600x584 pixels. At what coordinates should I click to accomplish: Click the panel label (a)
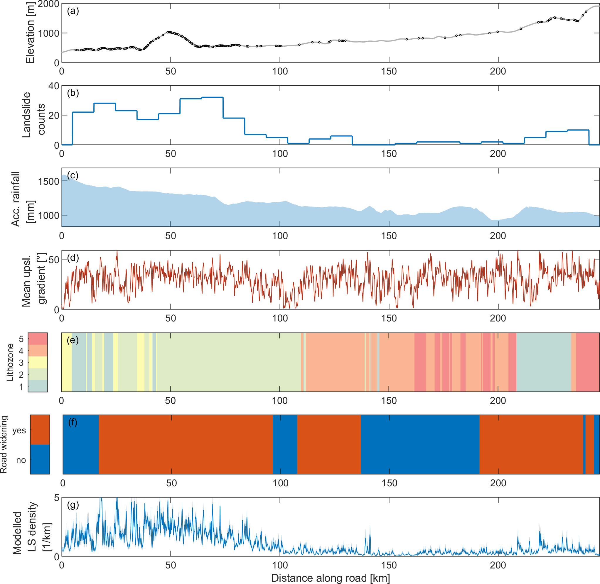pyautogui.click(x=73, y=11)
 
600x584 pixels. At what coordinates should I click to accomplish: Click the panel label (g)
pyautogui.click(x=73, y=505)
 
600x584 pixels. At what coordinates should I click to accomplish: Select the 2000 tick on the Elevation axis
pyautogui.click(x=48, y=4)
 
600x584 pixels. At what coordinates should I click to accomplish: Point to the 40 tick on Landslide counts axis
pyautogui.click(x=54, y=86)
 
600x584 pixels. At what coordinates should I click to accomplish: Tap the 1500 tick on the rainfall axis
pyautogui.click(x=48, y=181)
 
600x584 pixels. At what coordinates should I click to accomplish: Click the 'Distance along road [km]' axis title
pyautogui.click(x=330, y=578)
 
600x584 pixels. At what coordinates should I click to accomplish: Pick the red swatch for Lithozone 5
pyautogui.click(x=38, y=338)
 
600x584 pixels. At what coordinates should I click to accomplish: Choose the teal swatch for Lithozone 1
pyautogui.click(x=38, y=386)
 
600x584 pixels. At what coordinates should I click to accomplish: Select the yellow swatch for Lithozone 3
pyautogui.click(x=38, y=362)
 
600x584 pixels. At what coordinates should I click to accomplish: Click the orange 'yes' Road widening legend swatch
pyautogui.click(x=40, y=430)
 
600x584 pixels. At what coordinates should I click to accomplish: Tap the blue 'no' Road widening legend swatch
pyautogui.click(x=40, y=459)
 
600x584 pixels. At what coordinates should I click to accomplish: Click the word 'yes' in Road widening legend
pyautogui.click(x=19, y=430)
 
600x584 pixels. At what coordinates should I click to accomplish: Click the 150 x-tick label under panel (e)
pyautogui.click(x=389, y=401)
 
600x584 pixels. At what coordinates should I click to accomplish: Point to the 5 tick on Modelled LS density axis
pyautogui.click(x=56, y=498)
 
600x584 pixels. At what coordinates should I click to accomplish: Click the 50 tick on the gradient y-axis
pyautogui.click(x=54, y=260)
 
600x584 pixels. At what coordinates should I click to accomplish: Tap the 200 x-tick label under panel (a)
pyautogui.click(x=498, y=72)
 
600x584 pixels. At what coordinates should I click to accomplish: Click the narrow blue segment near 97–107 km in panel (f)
pyautogui.click(x=285, y=444)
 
